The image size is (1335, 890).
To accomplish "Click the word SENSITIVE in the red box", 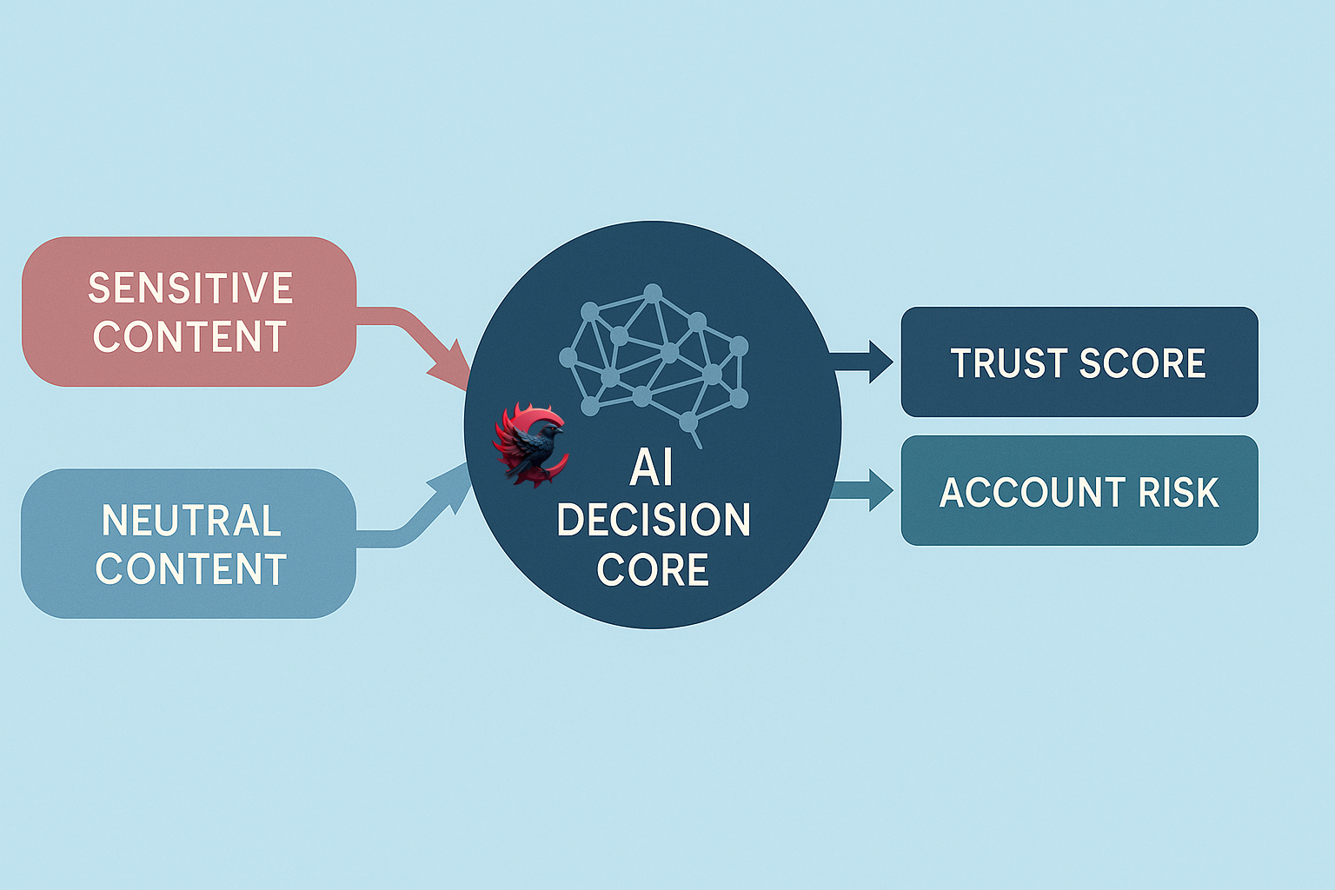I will [x=190, y=289].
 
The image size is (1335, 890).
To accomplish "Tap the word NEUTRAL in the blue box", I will [x=191, y=521].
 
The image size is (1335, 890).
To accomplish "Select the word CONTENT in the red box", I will [x=190, y=337].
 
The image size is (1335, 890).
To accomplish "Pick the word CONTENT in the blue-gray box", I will [x=191, y=569].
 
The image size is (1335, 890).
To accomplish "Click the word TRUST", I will [x=1007, y=363].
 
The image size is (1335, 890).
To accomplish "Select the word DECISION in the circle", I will [x=653, y=520].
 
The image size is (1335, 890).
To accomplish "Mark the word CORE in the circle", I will [x=653, y=570].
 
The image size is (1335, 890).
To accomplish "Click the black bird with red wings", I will [x=531, y=443].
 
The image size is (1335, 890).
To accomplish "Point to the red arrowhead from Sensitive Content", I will [x=450, y=368].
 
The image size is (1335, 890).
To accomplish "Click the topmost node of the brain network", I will [x=652, y=293].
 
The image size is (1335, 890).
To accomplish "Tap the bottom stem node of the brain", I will [x=688, y=422].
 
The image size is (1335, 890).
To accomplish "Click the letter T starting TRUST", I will [x=960, y=363].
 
